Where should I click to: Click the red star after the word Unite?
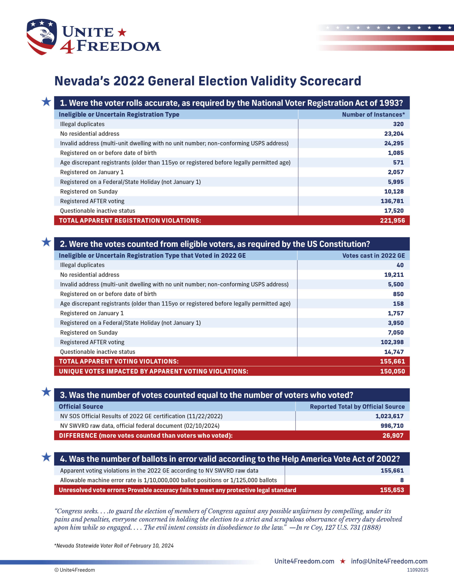pyautogui.click(x=122, y=32)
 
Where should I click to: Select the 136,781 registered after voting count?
pyautogui.click(x=392, y=201)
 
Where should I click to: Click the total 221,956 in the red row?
pyautogui.click(x=392, y=220)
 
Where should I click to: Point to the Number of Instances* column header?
pyautogui.click(x=373, y=114)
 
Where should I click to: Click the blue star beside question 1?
pyautogui.click(x=46, y=102)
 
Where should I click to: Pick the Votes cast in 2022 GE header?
pyautogui.click(x=373, y=256)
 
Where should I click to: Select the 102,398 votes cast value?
pyautogui.click(x=392, y=342)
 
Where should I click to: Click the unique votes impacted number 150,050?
pyautogui.click(x=392, y=371)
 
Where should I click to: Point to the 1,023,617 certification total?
pyautogui.click(x=390, y=416)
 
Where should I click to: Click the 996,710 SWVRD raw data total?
pyautogui.click(x=392, y=426)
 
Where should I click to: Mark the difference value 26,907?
pyautogui.click(x=393, y=435)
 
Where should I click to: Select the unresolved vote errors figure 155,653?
pyautogui.click(x=392, y=490)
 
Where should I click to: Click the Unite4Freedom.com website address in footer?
pyautogui.click(x=304, y=561)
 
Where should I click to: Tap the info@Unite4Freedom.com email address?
pyautogui.click(x=389, y=561)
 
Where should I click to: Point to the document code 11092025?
pyautogui.click(x=418, y=570)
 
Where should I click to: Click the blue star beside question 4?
pyautogui.click(x=46, y=457)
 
